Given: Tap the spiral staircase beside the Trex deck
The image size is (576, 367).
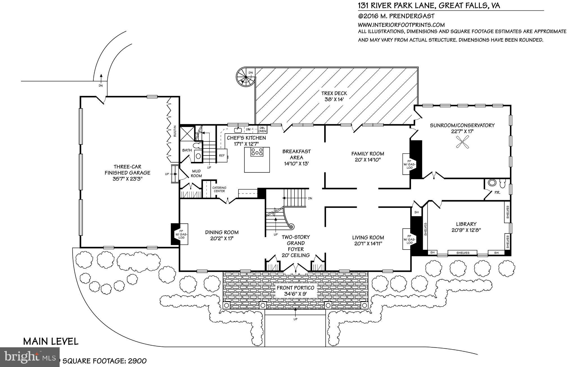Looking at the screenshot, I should pos(244,77).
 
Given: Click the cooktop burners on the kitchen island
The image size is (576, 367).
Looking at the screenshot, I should pos(257,152).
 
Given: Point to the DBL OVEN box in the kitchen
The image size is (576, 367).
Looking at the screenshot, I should pos(262,130).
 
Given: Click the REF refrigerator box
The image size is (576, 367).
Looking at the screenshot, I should pos(222,155).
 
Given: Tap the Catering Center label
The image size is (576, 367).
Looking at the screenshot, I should pos(219,189).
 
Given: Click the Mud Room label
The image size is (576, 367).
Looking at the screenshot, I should pos(196,174).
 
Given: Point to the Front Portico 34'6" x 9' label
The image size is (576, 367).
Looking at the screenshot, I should pos(295,291).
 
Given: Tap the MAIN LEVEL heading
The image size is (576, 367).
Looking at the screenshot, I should pos(51,341).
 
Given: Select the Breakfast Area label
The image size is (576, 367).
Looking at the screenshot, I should pos(296,157).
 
